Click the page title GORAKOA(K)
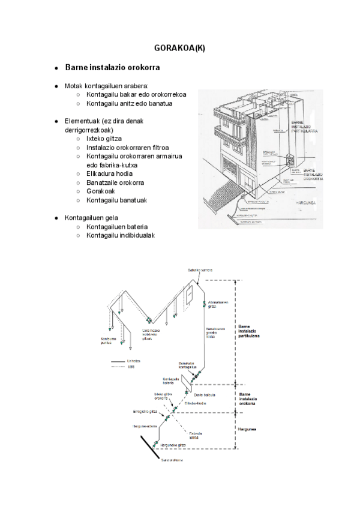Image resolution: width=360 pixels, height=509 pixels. tap(179, 49)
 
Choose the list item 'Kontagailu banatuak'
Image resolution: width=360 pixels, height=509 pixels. tap(117, 200)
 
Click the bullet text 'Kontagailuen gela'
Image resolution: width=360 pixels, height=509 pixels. tap(92, 217)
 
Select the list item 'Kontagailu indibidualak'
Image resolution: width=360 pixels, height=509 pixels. tap(121, 235)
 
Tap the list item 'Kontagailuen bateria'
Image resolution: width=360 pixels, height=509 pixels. tap(117, 226)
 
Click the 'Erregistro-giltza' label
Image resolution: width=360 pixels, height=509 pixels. tap(145, 412)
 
